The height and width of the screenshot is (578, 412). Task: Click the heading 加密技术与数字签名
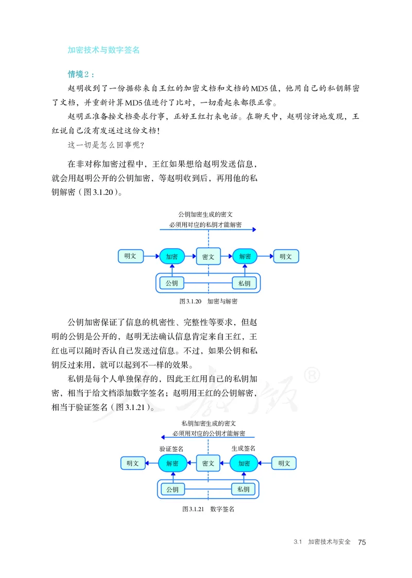point(104,50)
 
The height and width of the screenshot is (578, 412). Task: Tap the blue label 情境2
point(81,74)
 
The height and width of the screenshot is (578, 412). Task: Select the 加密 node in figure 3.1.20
point(172,256)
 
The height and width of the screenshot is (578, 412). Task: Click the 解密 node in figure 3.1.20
point(245,256)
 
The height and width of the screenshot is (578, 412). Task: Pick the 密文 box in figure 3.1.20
point(209,256)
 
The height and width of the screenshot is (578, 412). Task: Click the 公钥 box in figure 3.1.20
point(172,283)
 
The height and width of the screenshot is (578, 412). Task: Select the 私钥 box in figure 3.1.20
point(244,283)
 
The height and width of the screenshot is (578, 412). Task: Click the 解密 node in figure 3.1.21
point(172,463)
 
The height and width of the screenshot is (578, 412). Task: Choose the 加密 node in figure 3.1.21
point(244,463)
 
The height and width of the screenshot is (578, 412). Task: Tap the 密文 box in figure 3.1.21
point(208,463)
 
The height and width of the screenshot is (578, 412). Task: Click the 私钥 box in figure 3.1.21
point(244,489)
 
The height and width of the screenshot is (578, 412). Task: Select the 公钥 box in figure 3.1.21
point(172,489)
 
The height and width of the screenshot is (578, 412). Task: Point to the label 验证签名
point(171,449)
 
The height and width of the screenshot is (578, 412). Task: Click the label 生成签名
point(244,448)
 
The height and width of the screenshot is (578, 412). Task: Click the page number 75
point(362,542)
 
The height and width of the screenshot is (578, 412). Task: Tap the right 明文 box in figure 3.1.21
point(284,463)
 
